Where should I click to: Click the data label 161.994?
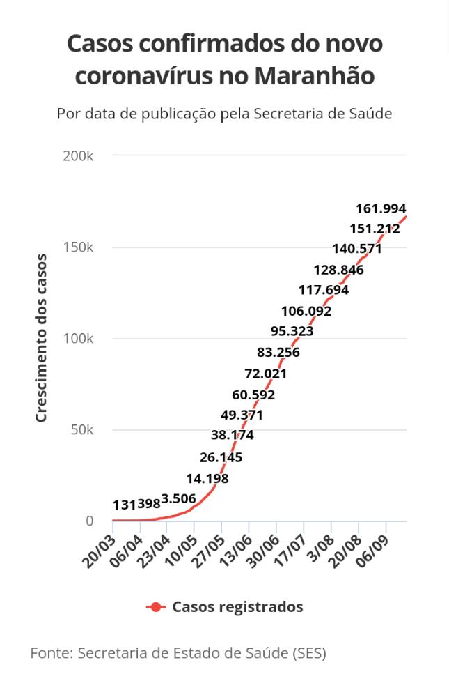[381, 208]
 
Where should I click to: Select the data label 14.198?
[207, 479]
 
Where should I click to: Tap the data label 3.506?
[178, 499]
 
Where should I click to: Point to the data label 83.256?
[278, 353]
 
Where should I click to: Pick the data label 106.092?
[306, 311]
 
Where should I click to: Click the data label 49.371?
[242, 415]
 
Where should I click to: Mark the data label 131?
[125, 505]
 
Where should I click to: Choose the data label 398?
[149, 504]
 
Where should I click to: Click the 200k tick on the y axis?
[78, 156]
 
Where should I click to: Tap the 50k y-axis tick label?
[82, 430]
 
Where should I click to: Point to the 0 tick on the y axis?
[90, 521]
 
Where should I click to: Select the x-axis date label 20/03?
[100, 551]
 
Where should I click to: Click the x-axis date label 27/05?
[209, 551]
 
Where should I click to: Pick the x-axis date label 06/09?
[373, 551]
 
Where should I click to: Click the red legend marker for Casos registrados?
[156, 607]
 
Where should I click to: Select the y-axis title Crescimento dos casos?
[41, 338]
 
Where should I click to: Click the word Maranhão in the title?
[315, 76]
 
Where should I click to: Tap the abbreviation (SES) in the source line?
[310, 654]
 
